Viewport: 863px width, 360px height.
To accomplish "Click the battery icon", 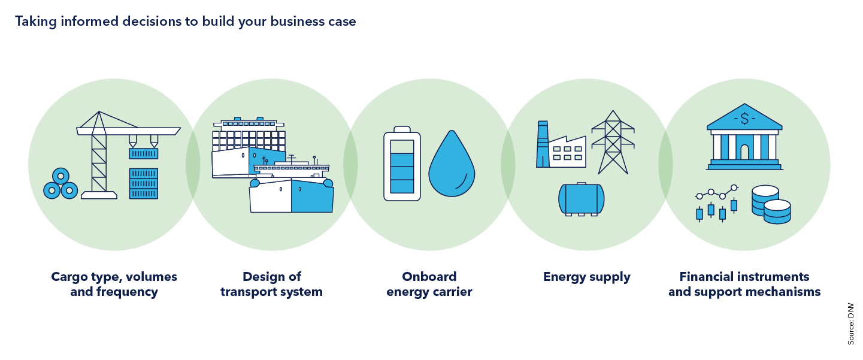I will [x=402, y=163].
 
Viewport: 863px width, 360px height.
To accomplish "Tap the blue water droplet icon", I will [x=452, y=167].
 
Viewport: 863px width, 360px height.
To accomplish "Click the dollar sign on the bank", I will [x=744, y=119].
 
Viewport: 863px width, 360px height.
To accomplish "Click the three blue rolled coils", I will [x=60, y=185].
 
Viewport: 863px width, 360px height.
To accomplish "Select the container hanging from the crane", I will [x=144, y=153].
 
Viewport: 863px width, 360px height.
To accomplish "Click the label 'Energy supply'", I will [x=586, y=277].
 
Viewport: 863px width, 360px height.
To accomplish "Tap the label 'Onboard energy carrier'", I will [x=429, y=285].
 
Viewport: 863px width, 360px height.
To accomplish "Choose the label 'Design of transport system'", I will [x=271, y=285].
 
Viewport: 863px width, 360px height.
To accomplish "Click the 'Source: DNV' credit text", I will [x=850, y=323].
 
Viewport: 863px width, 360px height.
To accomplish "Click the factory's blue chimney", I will [x=542, y=144].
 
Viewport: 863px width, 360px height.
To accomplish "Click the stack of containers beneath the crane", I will [x=144, y=184].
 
